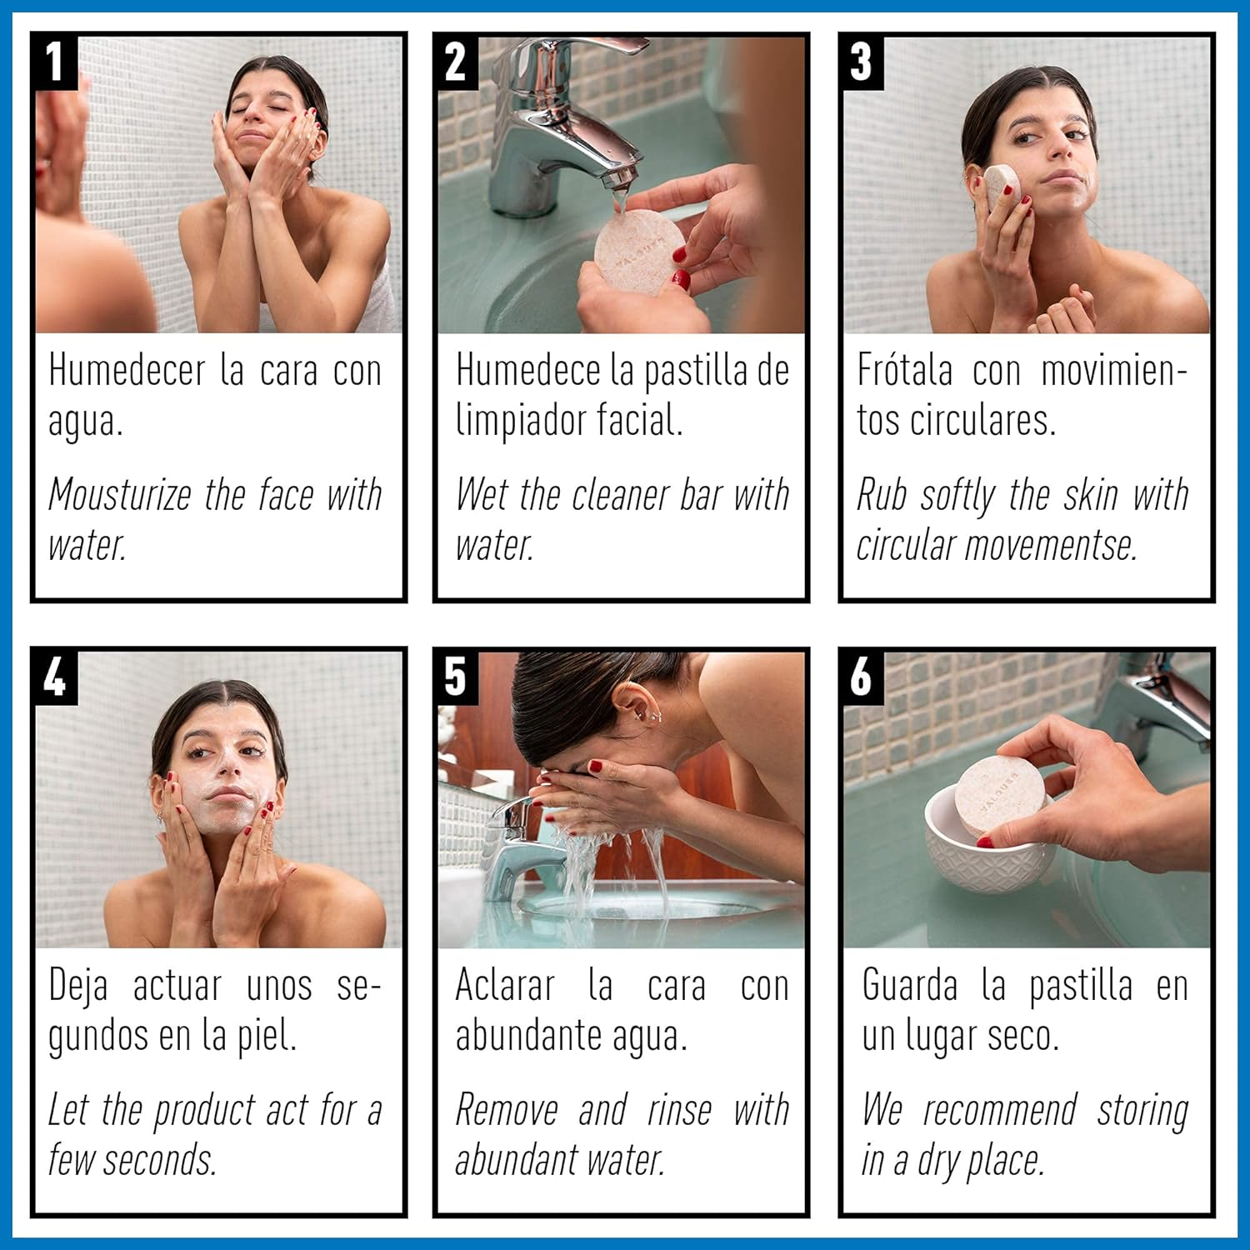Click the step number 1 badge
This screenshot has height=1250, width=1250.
pos(56,62)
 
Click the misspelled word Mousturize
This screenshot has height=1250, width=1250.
pos(120,495)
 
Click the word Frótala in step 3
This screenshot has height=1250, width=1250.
pos(905,370)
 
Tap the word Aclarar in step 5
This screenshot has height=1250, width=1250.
pos(505,986)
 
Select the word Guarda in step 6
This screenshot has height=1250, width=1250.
pos(910,986)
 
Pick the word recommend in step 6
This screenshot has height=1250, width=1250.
pos(1000,1110)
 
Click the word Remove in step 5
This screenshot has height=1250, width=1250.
pos(507,1110)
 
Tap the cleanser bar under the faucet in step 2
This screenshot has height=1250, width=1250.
pos(635,252)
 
